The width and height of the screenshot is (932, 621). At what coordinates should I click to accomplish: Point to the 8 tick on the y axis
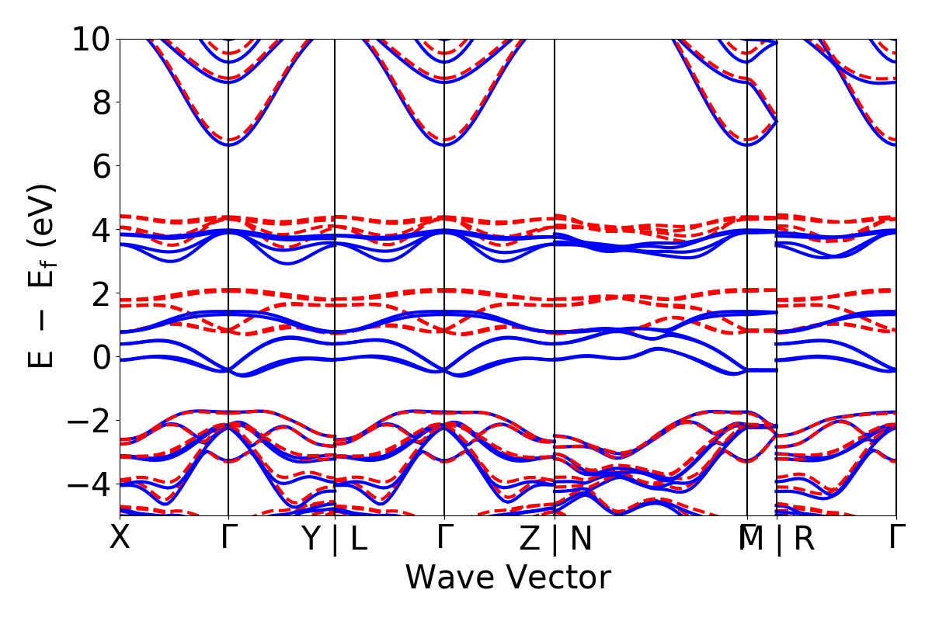[102, 102]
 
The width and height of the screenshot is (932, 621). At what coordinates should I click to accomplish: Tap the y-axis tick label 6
[102, 166]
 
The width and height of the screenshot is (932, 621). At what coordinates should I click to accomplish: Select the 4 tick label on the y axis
[102, 230]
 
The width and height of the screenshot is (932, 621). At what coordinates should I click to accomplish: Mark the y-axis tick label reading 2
[102, 293]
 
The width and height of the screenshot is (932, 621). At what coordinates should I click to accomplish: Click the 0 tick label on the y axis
[102, 357]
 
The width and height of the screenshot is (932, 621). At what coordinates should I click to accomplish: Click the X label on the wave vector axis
[120, 538]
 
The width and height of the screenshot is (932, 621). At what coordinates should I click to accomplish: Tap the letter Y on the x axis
[311, 539]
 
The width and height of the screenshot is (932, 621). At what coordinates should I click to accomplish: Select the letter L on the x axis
[358, 539]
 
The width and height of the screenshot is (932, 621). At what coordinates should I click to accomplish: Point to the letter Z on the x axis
[530, 539]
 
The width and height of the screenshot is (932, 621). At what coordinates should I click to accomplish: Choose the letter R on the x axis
[804, 539]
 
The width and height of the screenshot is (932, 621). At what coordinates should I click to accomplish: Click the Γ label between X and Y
[228, 538]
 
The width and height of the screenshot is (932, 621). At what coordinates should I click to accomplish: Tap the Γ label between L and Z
[444, 538]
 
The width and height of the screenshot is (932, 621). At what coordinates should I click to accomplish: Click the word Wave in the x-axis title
[451, 578]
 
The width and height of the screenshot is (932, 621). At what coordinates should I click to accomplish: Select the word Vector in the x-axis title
[558, 578]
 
